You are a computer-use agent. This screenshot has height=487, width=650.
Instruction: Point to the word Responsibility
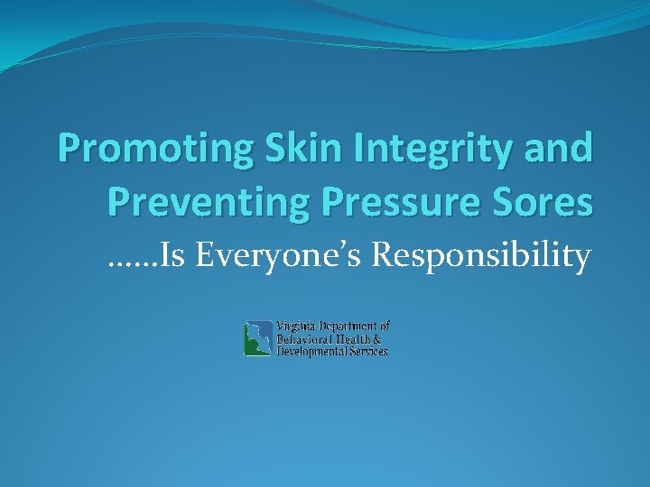click(482, 257)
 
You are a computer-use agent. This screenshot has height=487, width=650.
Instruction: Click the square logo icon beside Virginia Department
click(258, 339)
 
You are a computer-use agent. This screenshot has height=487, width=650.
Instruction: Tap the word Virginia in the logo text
click(297, 326)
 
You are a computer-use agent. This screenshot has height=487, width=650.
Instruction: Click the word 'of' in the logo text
click(385, 326)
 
